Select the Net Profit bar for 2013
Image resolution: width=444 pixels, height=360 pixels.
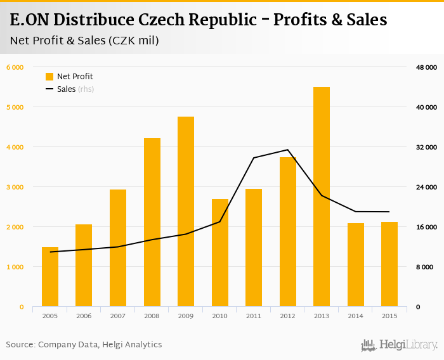click(x=321, y=196)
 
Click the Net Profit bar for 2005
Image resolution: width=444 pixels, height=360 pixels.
click(x=50, y=277)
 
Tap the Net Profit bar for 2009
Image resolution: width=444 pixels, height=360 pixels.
click(x=186, y=212)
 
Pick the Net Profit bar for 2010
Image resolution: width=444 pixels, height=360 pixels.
click(x=219, y=253)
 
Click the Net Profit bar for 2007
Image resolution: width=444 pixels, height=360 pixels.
click(x=118, y=248)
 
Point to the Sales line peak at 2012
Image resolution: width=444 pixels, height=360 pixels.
click(x=287, y=150)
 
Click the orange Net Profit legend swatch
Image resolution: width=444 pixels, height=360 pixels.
click(x=49, y=77)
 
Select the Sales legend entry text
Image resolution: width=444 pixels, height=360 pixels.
click(x=66, y=89)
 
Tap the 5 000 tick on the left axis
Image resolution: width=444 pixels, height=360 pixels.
click(x=15, y=107)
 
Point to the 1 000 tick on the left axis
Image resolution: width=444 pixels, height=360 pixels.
click(x=15, y=267)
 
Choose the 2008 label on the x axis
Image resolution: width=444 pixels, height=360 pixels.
click(x=152, y=316)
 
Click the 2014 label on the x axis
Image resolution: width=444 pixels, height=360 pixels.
click(x=355, y=316)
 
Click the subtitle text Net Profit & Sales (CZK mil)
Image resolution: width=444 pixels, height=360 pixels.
click(x=84, y=41)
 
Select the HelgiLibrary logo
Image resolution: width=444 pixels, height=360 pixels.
click(x=399, y=345)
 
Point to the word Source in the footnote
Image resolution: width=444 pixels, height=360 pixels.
click(x=20, y=345)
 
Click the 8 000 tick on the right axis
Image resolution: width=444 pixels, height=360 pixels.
click(x=423, y=267)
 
